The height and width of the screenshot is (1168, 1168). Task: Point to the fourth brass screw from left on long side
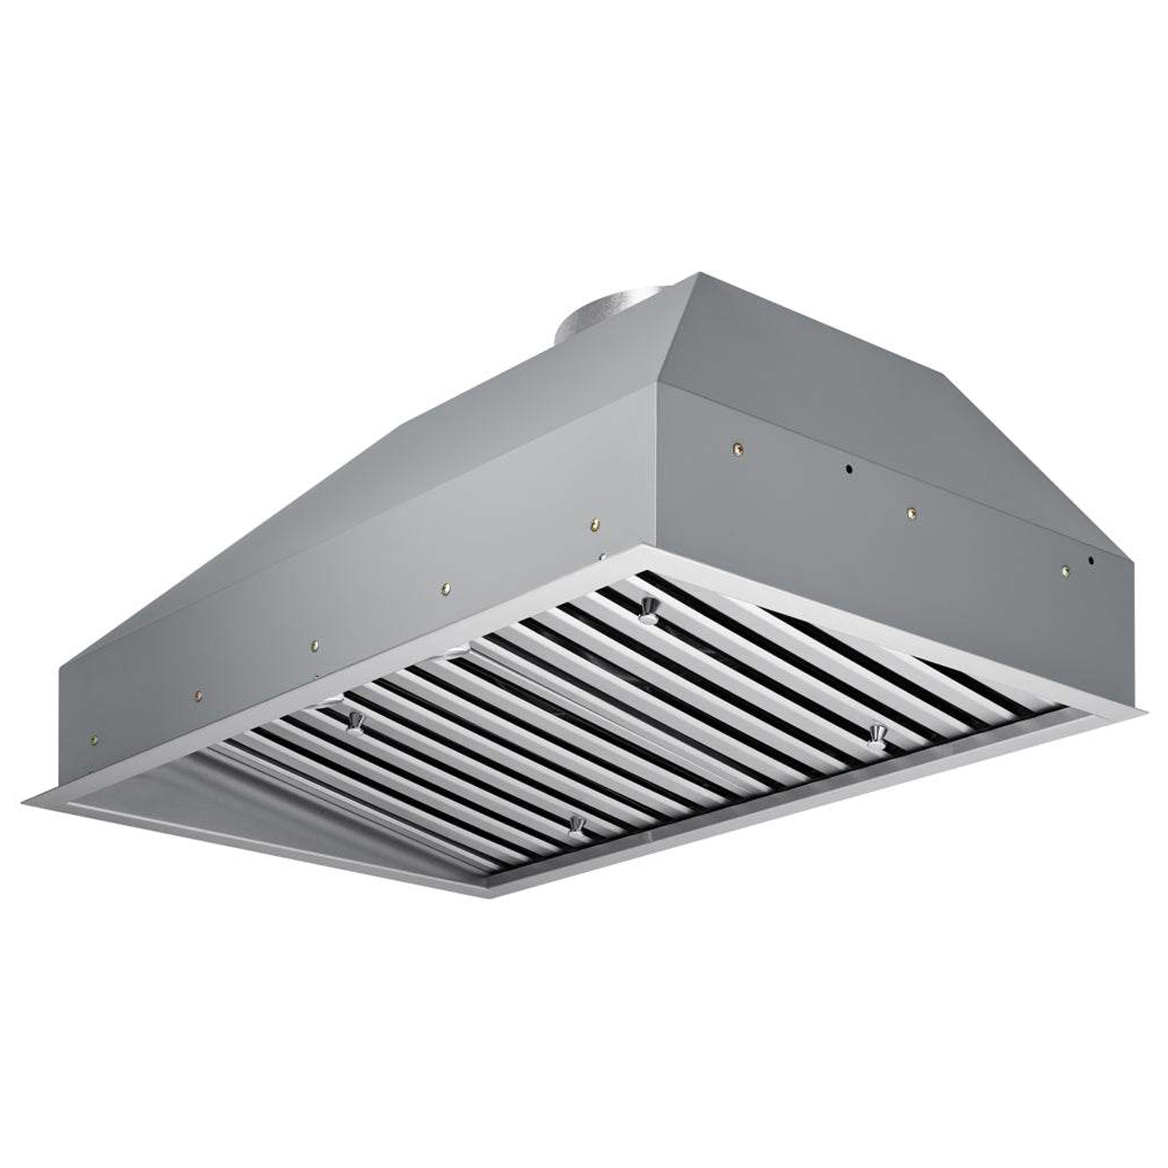coord(445,587)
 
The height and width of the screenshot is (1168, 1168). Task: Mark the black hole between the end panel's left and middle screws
coord(849,469)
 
